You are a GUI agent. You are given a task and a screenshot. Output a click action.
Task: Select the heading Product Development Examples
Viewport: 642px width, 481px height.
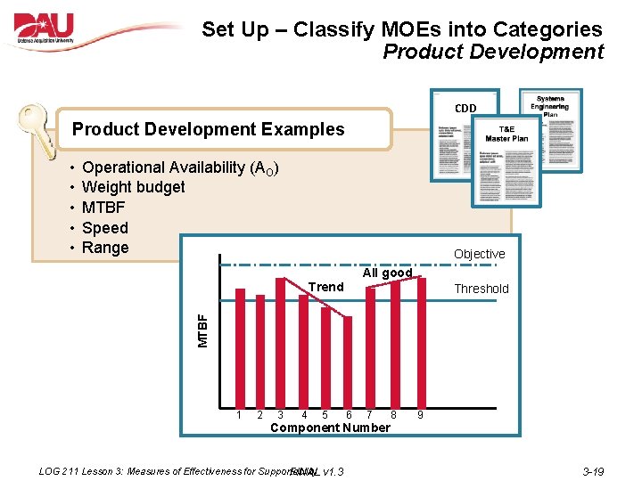208,129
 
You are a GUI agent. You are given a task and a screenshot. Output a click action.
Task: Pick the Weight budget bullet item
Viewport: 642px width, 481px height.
133,187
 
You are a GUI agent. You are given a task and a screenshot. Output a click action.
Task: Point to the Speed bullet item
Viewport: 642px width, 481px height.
104,228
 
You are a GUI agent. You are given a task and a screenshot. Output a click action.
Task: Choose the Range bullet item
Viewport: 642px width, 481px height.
105,248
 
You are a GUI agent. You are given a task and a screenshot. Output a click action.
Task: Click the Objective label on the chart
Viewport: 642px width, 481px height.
479,254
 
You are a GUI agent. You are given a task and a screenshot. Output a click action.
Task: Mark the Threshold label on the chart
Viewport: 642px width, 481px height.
481,289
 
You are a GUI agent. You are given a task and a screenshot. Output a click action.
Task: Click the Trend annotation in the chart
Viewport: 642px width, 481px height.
325,287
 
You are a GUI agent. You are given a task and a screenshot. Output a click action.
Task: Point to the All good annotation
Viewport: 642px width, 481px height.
387,273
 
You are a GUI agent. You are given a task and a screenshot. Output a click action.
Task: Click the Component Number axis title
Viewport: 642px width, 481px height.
330,428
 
